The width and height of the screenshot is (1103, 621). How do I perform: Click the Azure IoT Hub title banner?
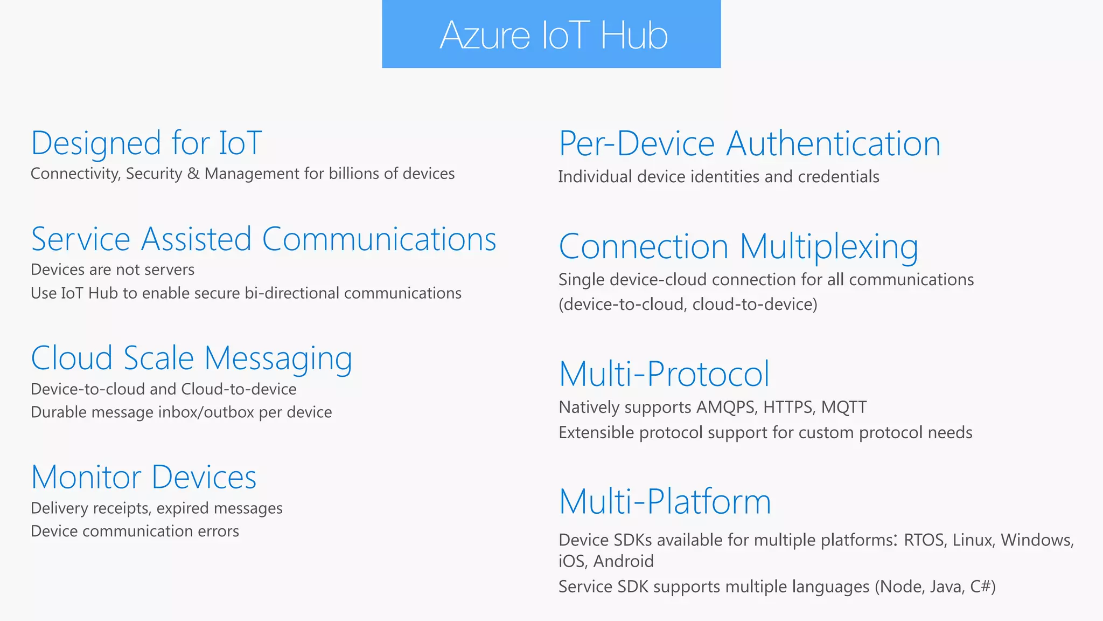click(551, 34)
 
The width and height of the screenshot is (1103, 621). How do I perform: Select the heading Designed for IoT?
click(146, 143)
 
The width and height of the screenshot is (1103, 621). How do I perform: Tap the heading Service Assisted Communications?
click(263, 239)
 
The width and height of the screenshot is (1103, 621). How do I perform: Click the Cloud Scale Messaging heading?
click(192, 358)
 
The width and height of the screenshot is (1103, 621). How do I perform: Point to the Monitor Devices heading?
click(144, 478)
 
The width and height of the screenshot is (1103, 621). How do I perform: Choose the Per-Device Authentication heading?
click(749, 144)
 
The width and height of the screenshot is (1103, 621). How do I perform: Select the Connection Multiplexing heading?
click(738, 247)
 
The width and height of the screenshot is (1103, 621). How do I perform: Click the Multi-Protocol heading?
click(664, 374)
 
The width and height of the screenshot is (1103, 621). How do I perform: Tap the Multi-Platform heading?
click(665, 502)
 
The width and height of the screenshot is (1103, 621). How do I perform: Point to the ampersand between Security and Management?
click(193, 174)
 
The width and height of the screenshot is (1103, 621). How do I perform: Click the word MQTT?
click(844, 407)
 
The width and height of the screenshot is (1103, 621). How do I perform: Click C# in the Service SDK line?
click(981, 586)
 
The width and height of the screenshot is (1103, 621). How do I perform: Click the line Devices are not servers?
click(113, 270)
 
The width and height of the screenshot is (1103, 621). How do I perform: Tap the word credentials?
click(838, 177)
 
